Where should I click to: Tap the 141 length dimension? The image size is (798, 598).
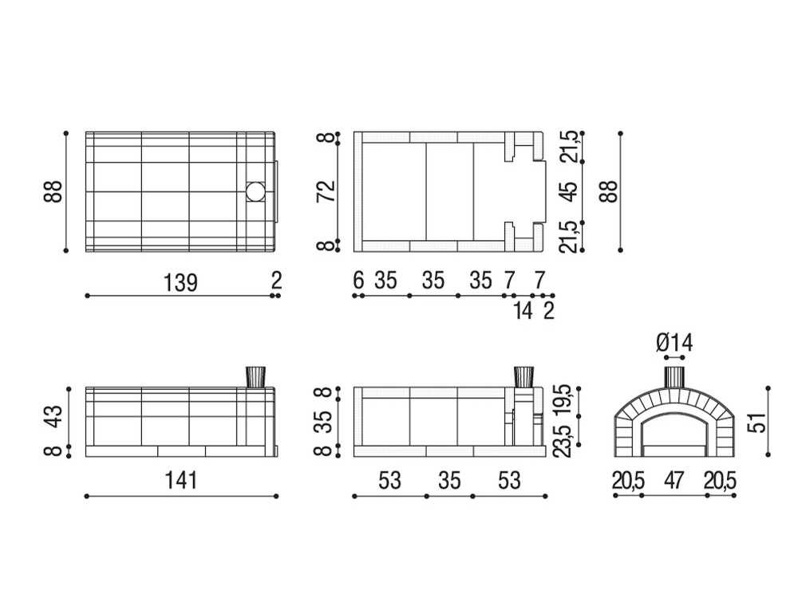click(182, 480)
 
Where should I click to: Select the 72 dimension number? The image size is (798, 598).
click(326, 191)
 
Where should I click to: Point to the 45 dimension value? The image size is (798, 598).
click(567, 192)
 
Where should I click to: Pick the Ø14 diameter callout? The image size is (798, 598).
click(674, 343)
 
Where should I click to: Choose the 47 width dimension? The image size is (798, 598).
click(674, 480)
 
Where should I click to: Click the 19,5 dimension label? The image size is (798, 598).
click(567, 397)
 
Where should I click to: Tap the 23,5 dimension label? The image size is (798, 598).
click(567, 439)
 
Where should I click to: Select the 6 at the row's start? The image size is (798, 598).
click(358, 281)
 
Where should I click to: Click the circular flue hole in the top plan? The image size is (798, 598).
click(255, 192)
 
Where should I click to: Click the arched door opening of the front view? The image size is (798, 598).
click(674, 435)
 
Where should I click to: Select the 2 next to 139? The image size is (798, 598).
click(276, 281)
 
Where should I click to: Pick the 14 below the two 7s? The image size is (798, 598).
click(523, 311)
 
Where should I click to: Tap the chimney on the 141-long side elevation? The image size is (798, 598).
click(255, 376)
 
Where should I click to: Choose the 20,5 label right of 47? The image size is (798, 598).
click(720, 480)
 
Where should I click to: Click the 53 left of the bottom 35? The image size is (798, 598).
click(389, 480)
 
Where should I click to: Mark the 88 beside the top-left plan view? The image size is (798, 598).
click(53, 192)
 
